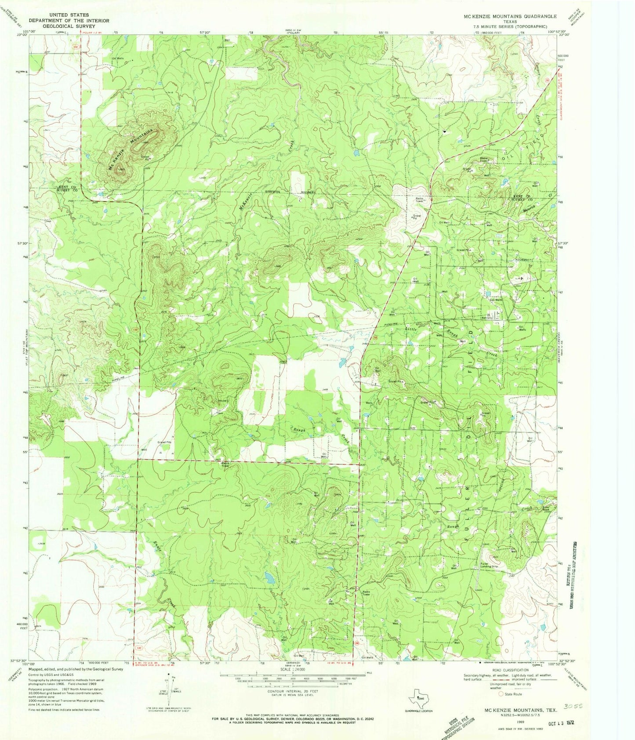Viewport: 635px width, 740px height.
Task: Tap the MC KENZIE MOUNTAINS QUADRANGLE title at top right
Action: coord(510,16)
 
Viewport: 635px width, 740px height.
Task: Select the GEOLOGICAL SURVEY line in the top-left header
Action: coord(69,26)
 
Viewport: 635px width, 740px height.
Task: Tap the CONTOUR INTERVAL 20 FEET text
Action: coord(293,691)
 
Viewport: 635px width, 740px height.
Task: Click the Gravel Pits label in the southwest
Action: coord(164,443)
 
